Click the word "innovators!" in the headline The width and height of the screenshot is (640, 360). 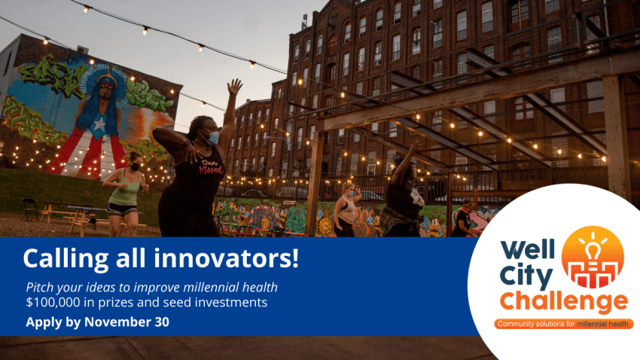coord(227,258)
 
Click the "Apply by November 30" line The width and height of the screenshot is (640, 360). coord(97,322)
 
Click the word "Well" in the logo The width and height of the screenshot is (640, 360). coord(528,249)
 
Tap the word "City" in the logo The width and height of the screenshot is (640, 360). coord(526,276)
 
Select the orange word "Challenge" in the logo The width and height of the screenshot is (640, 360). coord(563,302)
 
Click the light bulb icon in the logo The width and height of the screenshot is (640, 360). coord(593,247)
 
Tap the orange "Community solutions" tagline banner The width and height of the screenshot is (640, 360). coord(563,324)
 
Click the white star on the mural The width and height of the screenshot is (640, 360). coord(99,127)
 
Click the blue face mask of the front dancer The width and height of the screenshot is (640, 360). coord(212,139)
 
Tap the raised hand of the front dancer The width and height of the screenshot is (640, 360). coord(234,87)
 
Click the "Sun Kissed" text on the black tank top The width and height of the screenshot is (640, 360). coord(211,166)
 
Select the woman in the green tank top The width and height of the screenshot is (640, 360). coord(125,194)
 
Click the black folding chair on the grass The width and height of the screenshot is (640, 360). coord(31,209)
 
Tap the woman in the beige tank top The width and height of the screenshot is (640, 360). coord(346,210)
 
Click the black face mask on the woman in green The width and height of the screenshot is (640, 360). coord(135,166)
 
